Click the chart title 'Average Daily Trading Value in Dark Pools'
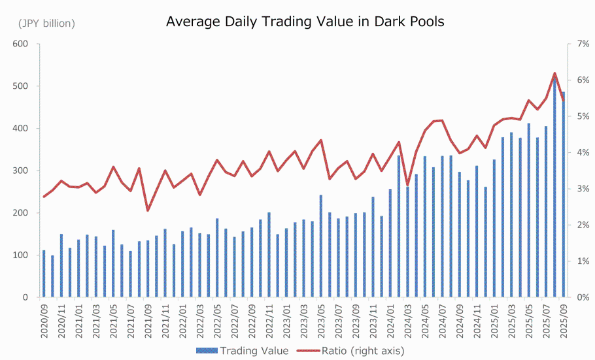click(x=305, y=22)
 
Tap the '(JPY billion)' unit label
click(x=46, y=24)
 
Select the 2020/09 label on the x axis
click(x=44, y=320)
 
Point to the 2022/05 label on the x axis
click(x=217, y=320)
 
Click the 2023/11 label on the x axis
click(x=373, y=320)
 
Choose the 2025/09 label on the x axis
click(x=563, y=320)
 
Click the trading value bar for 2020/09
click(x=44, y=274)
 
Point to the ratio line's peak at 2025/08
click(x=554, y=73)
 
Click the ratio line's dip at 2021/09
click(x=148, y=210)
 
